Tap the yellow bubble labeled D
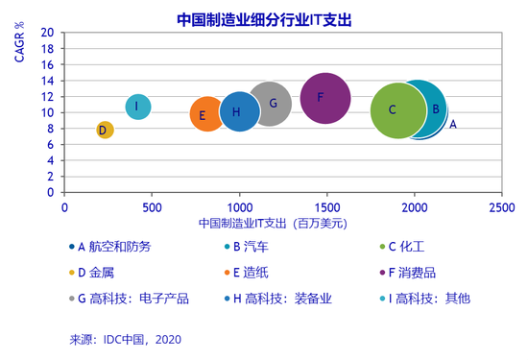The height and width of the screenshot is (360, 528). click(x=105, y=130)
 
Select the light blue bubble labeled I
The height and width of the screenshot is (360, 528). click(x=137, y=107)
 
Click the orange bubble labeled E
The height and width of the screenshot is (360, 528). click(x=204, y=115)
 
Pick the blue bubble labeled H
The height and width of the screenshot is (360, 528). click(x=239, y=111)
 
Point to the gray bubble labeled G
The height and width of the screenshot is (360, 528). click(x=271, y=104)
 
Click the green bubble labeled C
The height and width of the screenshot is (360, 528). click(x=396, y=110)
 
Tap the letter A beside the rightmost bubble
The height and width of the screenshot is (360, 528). click(x=453, y=124)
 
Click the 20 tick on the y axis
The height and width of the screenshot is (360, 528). click(x=47, y=33)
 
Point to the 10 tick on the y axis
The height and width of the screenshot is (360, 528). click(x=47, y=112)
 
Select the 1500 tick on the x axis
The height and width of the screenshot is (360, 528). click(x=326, y=206)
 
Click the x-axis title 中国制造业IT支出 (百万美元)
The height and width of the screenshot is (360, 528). click(x=273, y=223)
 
